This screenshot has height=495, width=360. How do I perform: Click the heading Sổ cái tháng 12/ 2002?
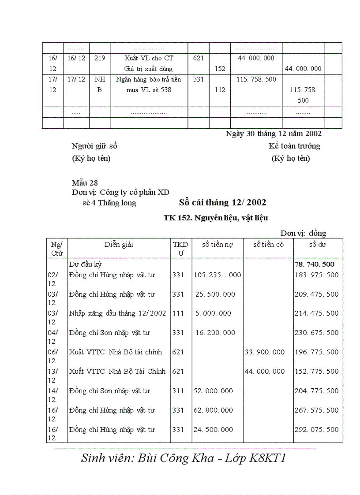pyautogui.click(x=222, y=203)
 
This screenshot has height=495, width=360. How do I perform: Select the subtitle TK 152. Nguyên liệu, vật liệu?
pyautogui.click(x=216, y=218)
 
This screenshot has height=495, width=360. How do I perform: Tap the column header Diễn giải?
pyautogui.click(x=119, y=245)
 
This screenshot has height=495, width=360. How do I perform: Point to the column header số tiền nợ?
pyautogui.click(x=217, y=245)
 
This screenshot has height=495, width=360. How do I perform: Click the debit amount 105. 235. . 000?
pyautogui.click(x=217, y=275)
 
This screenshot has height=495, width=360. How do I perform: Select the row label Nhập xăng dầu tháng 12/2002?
pyautogui.click(x=117, y=313)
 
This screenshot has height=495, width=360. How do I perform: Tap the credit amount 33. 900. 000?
pyautogui.click(x=265, y=352)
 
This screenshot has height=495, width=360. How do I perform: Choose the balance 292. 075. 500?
pyautogui.click(x=317, y=430)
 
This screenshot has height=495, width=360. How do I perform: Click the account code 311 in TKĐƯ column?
pyautogui.click(x=178, y=391)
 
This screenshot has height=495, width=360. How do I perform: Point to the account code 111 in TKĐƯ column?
pyautogui.click(x=178, y=313)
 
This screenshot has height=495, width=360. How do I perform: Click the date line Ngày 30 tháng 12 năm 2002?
pyautogui.click(x=274, y=134)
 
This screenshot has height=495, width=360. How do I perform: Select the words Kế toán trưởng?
pyautogui.click(x=294, y=146)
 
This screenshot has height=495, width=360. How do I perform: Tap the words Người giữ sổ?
pyautogui.click(x=94, y=146)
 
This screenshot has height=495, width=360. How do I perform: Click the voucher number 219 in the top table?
pyautogui.click(x=100, y=58)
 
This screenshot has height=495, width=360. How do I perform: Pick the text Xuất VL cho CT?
pyautogui.click(x=149, y=58)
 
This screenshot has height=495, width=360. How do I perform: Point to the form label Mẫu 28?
pyautogui.click(x=85, y=183)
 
